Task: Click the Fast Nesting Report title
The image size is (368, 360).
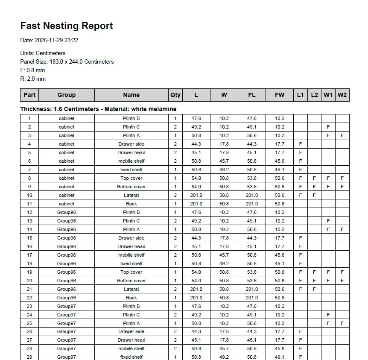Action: click(x=67, y=26)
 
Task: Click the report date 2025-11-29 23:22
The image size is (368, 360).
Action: click(x=49, y=41)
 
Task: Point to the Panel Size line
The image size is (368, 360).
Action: click(x=67, y=62)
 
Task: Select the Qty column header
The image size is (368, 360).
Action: click(x=175, y=95)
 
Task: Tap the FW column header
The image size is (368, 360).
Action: click(x=279, y=95)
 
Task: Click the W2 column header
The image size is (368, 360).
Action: click(x=342, y=95)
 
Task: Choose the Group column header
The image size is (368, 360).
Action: click(x=66, y=95)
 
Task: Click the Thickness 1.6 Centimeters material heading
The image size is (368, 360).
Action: click(x=98, y=109)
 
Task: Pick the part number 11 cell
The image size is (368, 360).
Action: click(x=29, y=204)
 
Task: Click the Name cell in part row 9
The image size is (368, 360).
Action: click(x=131, y=187)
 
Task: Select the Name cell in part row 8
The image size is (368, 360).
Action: click(x=131, y=178)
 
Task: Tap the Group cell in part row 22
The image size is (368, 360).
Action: click(x=66, y=298)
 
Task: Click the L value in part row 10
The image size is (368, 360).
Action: click(x=196, y=195)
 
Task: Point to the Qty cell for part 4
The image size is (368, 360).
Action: click(x=175, y=144)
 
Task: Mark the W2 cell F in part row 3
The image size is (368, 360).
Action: click(x=342, y=135)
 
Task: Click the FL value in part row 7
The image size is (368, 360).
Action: click(x=251, y=170)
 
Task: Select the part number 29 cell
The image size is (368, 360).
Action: click(x=29, y=357)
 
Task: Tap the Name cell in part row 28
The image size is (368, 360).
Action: click(x=131, y=348)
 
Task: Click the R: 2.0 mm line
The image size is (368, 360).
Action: click(x=33, y=79)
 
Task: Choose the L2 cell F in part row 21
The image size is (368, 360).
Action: click(x=314, y=289)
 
